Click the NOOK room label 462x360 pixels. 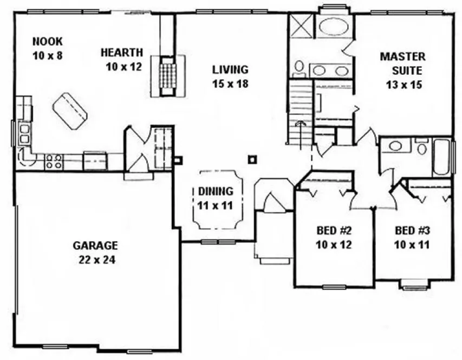(48, 41)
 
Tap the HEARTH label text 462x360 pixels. (122, 53)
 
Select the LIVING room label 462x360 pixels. (230, 69)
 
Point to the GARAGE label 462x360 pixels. (95, 245)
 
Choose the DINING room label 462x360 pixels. (215, 191)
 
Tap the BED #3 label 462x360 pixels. (412, 229)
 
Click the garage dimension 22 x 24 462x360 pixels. (95, 259)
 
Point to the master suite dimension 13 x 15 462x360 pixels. (404, 85)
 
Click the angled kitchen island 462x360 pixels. (70, 111)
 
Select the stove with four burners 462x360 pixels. (53, 161)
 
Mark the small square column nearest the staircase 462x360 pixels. (251, 159)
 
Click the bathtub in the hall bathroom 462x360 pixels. (441, 157)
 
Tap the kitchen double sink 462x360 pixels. (24, 133)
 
